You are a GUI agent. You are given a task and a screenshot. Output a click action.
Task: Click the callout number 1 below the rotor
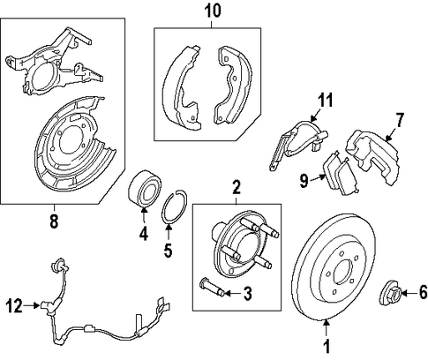tap(327, 346)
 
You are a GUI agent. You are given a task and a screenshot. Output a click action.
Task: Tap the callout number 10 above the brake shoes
tap(213, 11)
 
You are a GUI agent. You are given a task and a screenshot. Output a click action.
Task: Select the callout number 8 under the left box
tap(54, 221)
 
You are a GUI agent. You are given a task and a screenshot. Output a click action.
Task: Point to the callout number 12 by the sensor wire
tap(14, 306)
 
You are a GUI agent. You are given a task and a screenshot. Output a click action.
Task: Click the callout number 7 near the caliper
tap(399, 120)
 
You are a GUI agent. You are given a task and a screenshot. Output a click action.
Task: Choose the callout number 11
tap(326, 100)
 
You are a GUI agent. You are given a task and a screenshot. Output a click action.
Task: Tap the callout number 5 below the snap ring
tap(168, 251)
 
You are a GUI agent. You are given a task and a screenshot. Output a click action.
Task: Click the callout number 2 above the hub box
tap(237, 188)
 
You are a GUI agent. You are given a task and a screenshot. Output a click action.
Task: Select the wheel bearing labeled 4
tap(145, 189)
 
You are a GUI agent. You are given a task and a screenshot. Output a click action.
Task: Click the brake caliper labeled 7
tap(372, 157)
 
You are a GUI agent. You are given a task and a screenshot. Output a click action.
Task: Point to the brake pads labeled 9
tap(341, 175)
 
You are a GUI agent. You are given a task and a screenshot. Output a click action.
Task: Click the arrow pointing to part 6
tap(409, 293)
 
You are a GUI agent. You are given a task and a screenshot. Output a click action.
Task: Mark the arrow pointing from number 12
tap(32, 305)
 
